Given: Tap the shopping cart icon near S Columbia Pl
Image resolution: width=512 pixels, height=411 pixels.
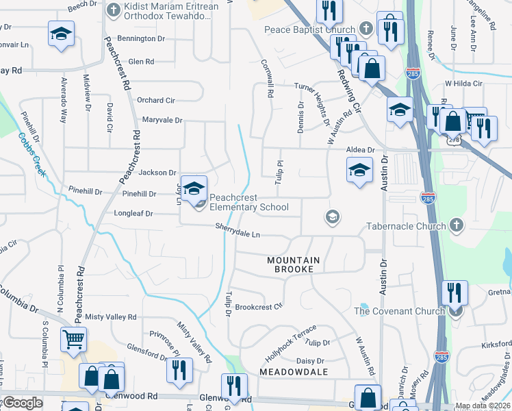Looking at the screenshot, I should point(73,338).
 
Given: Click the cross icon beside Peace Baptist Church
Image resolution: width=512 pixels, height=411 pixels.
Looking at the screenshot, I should point(366,29).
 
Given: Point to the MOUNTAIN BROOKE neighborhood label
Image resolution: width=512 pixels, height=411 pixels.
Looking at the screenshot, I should point(294,264).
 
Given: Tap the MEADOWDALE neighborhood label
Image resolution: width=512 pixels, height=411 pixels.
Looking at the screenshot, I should point(294,371).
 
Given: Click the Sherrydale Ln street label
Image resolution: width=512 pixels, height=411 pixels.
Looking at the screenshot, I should point(238,231).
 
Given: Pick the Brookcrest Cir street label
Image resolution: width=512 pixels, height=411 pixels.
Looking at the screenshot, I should point(259,307).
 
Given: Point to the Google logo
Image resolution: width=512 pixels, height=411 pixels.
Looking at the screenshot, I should point(22,403).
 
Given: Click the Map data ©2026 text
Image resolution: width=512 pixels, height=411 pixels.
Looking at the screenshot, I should point(483,406).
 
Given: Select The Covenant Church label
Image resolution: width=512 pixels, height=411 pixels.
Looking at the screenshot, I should point(399,311).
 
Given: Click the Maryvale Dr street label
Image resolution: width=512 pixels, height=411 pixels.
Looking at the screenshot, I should point(162,121).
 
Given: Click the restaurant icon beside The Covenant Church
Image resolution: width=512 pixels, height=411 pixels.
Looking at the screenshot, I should point(455,292).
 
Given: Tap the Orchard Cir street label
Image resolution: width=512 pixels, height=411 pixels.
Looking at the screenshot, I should point(155,100).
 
